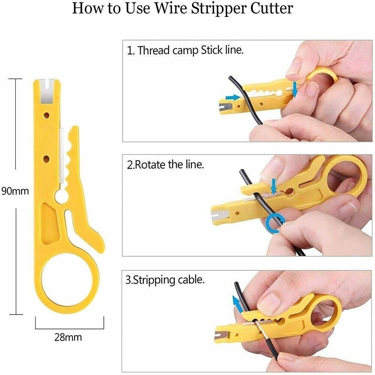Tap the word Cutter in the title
coord(274,8)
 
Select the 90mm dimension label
coord(15,190)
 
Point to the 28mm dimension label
coord(68,337)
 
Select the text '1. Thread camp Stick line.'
coord(185,50)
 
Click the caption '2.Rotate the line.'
coord(165,165)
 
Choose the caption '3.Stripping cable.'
coord(165,280)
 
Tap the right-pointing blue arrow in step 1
coord(233,97)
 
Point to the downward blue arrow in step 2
coord(274,186)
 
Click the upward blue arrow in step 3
coord(235,302)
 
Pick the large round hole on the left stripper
coord(60,196)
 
